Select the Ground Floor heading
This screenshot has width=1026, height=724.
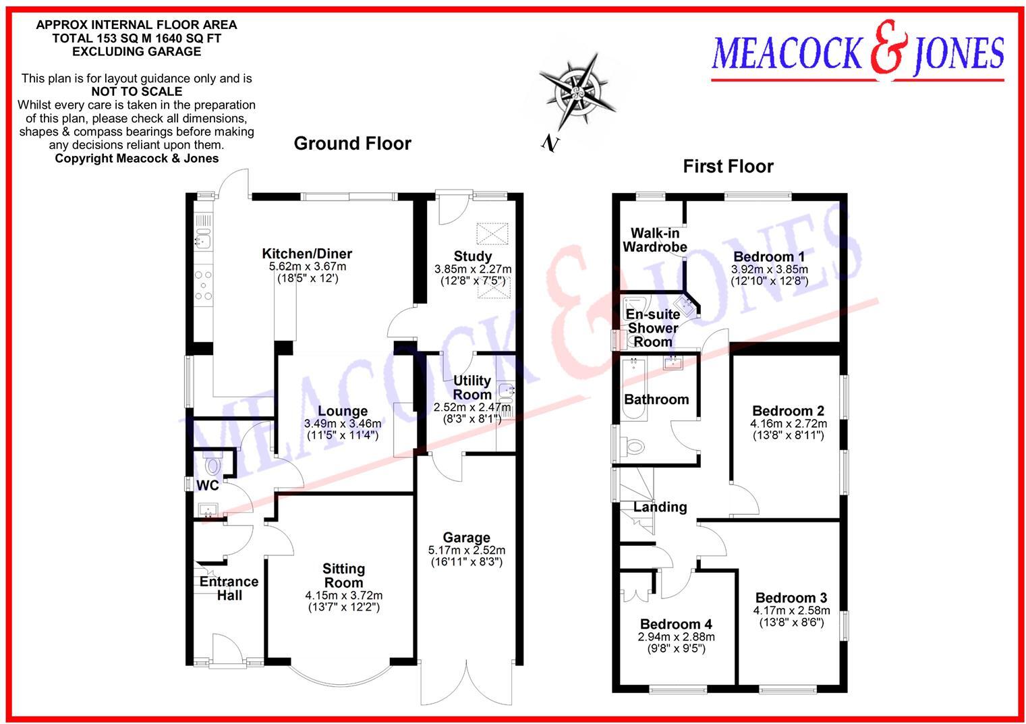(352, 143)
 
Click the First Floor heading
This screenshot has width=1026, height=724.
(728, 166)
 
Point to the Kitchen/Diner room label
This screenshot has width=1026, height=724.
(307, 254)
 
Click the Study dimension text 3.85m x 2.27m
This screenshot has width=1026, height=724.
(472, 269)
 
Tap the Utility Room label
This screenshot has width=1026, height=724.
(472, 387)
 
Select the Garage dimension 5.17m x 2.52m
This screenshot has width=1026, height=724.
(467, 550)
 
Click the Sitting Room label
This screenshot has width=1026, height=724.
(343, 576)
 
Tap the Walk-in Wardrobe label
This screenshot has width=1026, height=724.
(654, 240)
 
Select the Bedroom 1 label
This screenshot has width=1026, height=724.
(768, 256)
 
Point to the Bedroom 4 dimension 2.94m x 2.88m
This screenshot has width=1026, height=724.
(676, 636)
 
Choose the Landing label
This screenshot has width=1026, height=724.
(660, 507)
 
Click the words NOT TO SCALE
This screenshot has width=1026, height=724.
(136, 91)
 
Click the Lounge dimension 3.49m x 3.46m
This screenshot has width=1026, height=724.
(343, 424)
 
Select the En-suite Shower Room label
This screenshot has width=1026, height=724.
(652, 328)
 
